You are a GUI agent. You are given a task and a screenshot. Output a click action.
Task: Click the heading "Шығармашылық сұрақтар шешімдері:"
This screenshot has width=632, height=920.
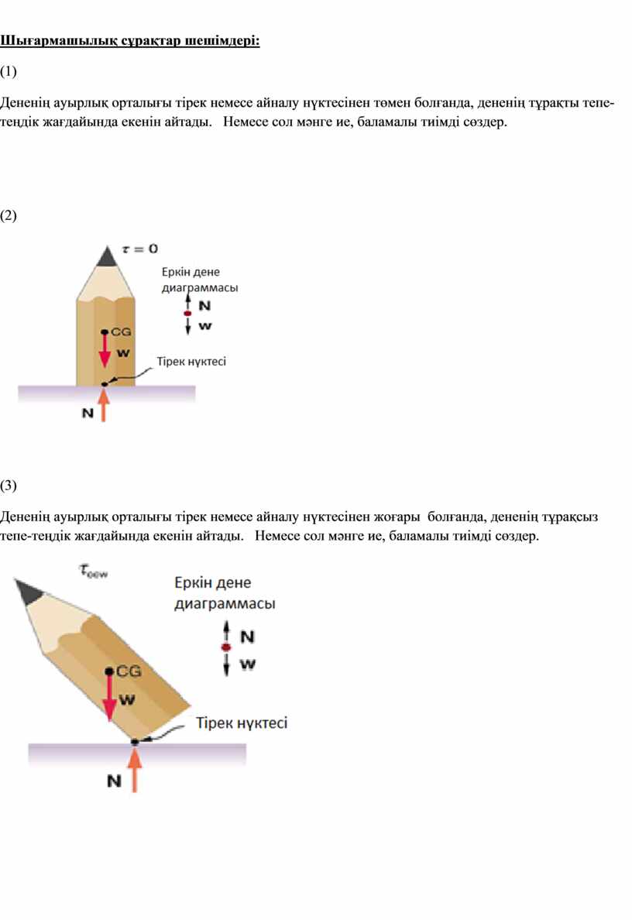tap(129, 41)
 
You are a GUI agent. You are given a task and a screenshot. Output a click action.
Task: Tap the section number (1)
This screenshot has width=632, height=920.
tap(9, 71)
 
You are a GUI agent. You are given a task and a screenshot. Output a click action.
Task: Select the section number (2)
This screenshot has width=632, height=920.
tap(9, 215)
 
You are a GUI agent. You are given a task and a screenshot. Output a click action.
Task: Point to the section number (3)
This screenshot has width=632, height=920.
tap(9, 486)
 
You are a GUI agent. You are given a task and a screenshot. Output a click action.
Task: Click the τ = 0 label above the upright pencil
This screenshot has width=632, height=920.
tap(139, 249)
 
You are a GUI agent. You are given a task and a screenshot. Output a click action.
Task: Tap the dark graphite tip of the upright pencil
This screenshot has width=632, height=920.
tap(106, 257)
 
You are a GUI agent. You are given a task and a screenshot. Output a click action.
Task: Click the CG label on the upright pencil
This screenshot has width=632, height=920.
tap(121, 331)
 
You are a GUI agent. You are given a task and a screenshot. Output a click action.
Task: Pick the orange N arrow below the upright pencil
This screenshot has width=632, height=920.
tap(103, 405)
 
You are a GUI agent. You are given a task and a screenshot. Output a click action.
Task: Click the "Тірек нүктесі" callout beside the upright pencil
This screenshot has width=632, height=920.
tap(191, 362)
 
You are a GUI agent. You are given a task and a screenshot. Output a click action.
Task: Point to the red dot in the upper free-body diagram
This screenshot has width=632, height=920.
tap(187, 314)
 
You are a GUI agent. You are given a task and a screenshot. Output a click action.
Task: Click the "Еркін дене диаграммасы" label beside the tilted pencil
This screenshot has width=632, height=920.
tap(225, 593)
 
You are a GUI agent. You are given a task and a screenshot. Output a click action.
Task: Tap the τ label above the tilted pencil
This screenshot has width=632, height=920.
tap(93, 570)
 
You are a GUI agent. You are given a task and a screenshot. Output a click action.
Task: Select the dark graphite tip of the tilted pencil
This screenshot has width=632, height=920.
tap(28, 590)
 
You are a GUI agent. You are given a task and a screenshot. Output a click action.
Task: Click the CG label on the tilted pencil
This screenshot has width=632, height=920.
tap(129, 671)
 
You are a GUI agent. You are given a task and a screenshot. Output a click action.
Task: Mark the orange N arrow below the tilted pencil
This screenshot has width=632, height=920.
tap(135, 770)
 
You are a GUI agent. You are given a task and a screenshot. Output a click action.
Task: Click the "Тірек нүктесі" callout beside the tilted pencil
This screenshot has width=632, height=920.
tap(242, 723)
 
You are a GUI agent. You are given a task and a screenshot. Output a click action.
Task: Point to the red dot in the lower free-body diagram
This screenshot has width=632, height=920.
tap(226, 647)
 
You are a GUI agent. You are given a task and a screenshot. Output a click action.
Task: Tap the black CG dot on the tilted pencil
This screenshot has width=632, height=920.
tap(109, 671)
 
